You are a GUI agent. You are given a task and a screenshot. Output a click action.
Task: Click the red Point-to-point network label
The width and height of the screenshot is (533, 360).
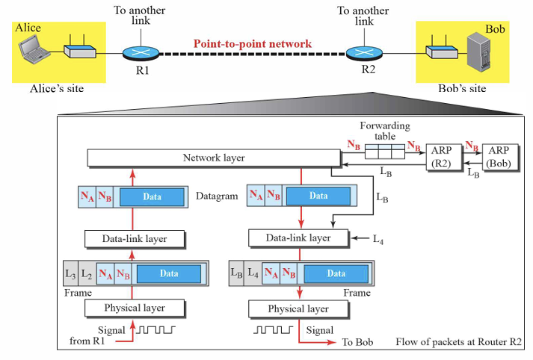pyautogui.click(x=253, y=44)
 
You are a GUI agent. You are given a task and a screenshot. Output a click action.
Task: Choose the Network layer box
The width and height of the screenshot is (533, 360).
pyautogui.click(x=213, y=158)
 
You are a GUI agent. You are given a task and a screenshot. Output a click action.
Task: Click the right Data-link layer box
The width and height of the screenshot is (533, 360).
pyautogui.click(x=299, y=238)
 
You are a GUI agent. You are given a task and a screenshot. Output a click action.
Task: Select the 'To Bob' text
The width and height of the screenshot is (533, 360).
pyautogui.click(x=357, y=342)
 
